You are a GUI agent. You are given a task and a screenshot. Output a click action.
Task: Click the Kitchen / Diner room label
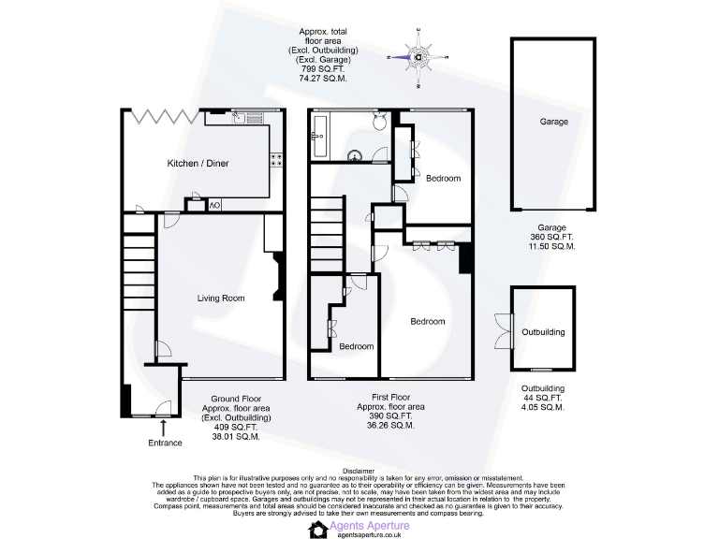pos(198,164)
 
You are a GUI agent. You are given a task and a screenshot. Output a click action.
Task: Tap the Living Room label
pos(221,299)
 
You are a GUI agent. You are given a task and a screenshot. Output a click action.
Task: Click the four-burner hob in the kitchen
pos(277,160)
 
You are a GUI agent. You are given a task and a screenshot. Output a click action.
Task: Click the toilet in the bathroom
pos(378,122)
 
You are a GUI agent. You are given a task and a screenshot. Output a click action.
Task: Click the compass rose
pos(418,57)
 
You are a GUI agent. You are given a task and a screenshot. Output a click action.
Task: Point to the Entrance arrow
pos(165,428)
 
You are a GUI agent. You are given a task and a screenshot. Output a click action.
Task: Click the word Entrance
pos(165,443)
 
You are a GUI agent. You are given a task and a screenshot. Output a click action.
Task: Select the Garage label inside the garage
pos(553,122)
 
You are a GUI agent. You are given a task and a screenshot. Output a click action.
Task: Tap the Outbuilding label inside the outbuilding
pos(543,332)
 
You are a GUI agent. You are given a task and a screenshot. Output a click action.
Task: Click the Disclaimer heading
pos(359,471)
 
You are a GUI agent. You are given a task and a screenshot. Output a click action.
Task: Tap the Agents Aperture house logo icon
pos(317,530)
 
